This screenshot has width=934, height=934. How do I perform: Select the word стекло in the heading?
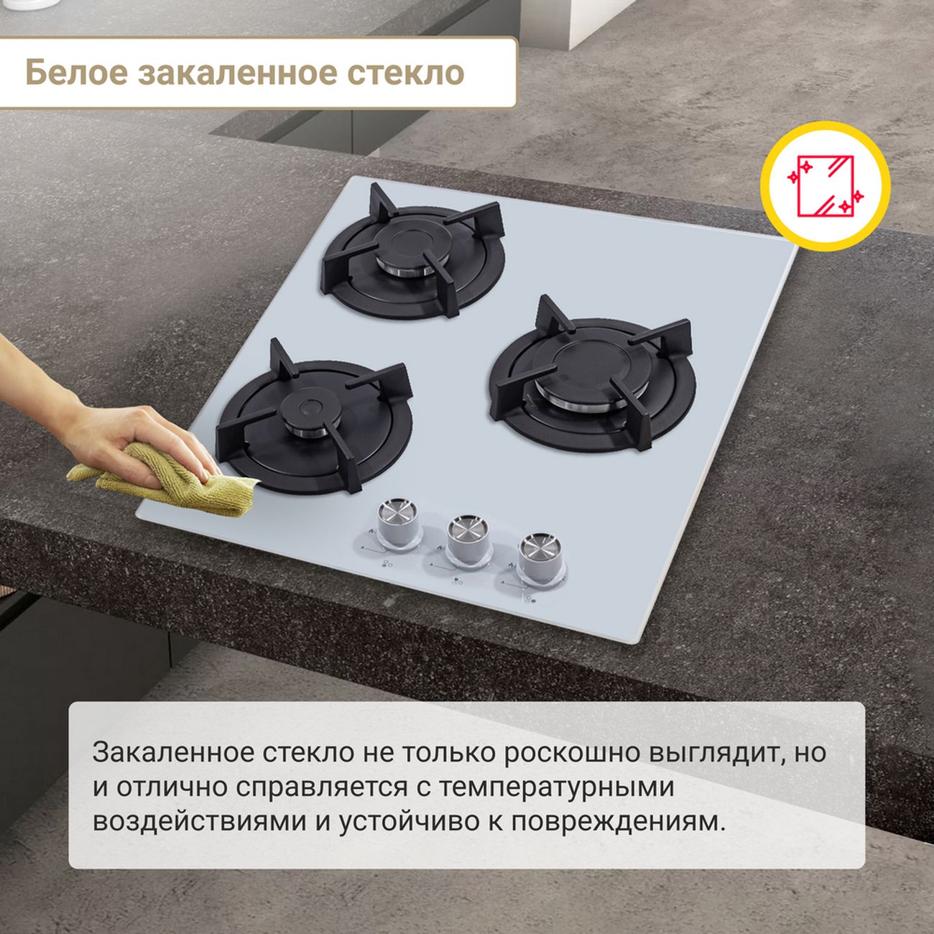(405, 73)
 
